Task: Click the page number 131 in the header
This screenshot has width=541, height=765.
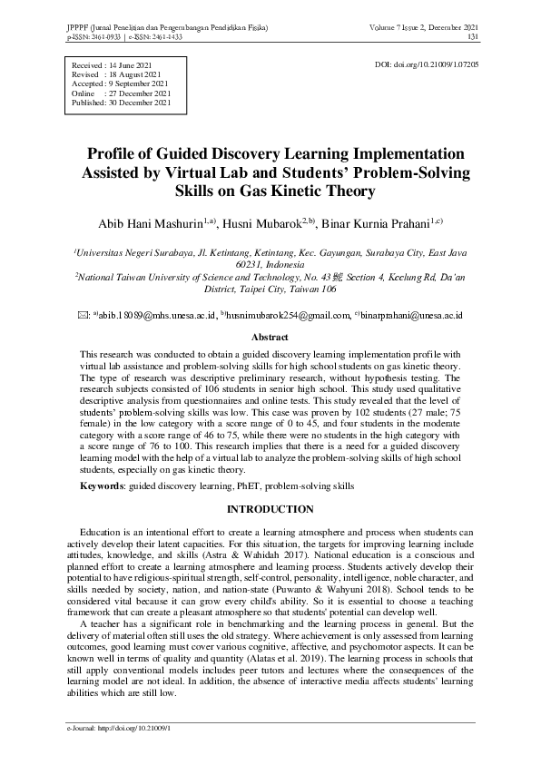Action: pos(473,37)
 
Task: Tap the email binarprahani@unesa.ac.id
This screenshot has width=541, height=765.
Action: pos(412,316)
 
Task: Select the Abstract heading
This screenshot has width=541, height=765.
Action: pos(270,337)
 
